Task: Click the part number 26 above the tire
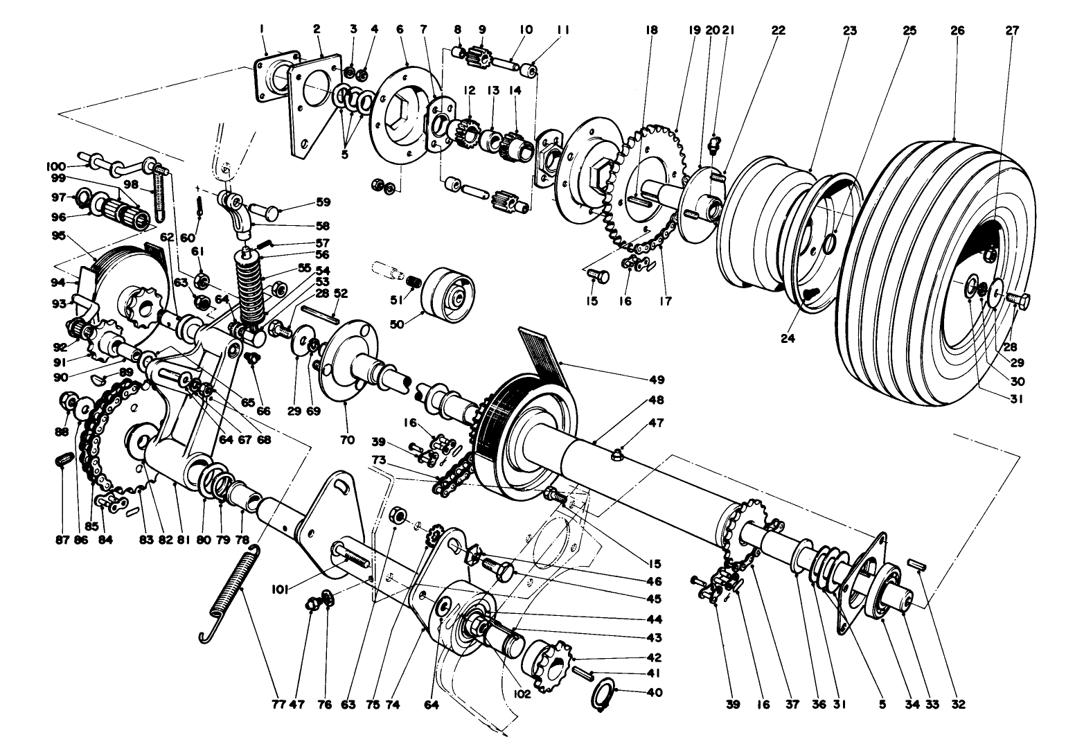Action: pyautogui.click(x=957, y=30)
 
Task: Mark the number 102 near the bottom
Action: pyautogui.click(x=522, y=691)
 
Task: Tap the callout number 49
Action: pyautogui.click(x=657, y=380)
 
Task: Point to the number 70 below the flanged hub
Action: pyautogui.click(x=346, y=439)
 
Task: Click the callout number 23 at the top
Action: pyautogui.click(x=849, y=30)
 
